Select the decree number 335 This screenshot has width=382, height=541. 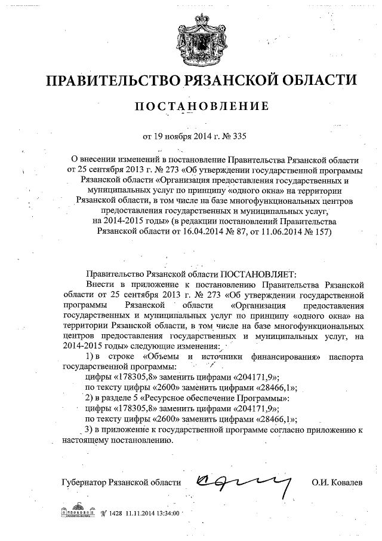pyautogui.click(x=238, y=136)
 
